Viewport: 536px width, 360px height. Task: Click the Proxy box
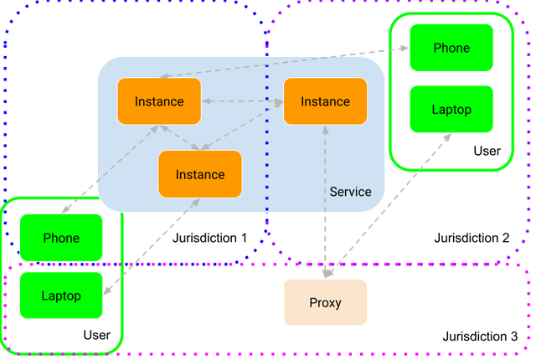[x=326, y=302]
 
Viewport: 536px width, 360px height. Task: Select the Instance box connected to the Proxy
[x=326, y=101]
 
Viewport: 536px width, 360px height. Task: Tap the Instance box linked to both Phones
[x=159, y=101]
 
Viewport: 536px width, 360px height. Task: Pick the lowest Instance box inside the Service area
[x=200, y=174]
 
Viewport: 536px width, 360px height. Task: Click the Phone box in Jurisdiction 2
[x=451, y=48]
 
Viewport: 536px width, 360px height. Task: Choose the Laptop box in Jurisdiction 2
[x=451, y=110]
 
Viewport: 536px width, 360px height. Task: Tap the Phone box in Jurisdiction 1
[x=61, y=238]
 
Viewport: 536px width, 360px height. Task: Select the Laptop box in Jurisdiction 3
[x=61, y=296]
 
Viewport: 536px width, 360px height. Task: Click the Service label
[x=350, y=192]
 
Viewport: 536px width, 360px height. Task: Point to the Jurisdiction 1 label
[x=209, y=238]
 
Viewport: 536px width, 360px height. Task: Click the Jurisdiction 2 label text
[x=472, y=238]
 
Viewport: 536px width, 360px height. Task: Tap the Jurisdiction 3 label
[x=480, y=337]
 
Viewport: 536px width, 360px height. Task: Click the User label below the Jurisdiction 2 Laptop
[x=487, y=151]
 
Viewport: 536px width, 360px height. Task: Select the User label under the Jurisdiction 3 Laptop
[x=97, y=335]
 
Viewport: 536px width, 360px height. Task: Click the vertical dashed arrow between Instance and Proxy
[x=325, y=202]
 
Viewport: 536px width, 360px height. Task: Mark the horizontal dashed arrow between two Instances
[x=242, y=101]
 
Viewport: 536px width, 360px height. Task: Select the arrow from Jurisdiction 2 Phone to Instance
[x=285, y=62]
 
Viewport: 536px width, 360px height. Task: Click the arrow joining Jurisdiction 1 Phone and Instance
[x=110, y=169]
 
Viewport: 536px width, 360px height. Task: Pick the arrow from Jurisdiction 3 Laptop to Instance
[x=152, y=246]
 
